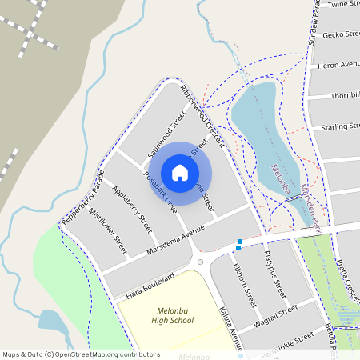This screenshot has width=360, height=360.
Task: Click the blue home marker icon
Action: point(180,172)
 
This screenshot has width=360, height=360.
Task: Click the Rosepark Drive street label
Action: point(160,191)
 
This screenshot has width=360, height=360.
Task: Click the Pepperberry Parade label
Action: point(82,197)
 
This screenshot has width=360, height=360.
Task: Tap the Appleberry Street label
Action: point(132,207)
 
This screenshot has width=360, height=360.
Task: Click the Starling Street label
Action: point(340,127)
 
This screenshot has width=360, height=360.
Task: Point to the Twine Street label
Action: point(344,4)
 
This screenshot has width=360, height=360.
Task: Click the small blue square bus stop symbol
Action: point(238,244)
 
